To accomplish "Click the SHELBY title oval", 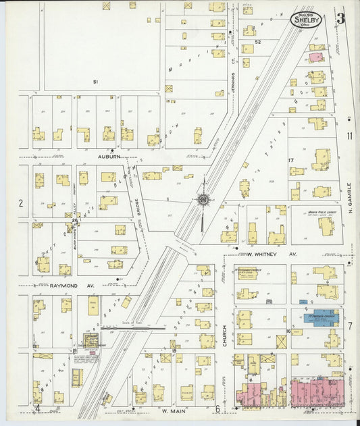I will (x=307, y=20).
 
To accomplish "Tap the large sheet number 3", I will (x=341, y=18).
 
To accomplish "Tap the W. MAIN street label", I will (x=174, y=409).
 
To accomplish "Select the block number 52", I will (x=257, y=42).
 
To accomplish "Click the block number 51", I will (x=96, y=82).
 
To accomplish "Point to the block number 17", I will (x=292, y=160).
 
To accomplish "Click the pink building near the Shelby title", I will (x=315, y=57).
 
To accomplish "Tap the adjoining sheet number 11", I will (x=349, y=136).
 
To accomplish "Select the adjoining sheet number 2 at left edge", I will (x=20, y=203).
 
